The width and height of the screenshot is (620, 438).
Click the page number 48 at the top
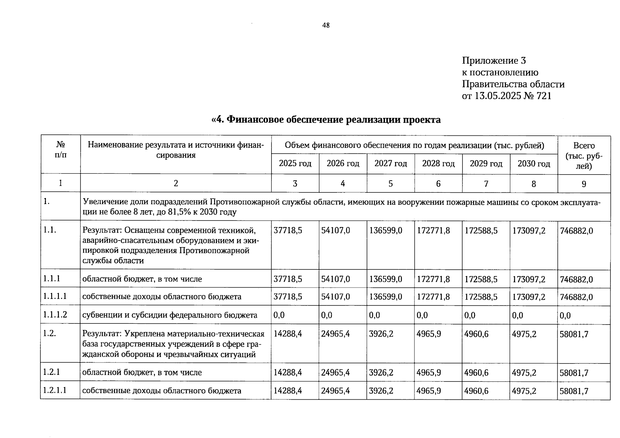pos(326,25)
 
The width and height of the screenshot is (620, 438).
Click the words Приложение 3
pos(494,61)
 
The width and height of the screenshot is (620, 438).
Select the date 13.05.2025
pos(498,96)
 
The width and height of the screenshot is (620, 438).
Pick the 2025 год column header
pos(295,164)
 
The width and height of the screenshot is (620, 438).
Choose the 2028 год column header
pos(438,164)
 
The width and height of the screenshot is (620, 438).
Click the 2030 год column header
pos(534,164)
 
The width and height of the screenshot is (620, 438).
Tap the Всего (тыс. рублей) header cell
pos(584,155)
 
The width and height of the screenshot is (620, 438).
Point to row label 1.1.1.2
pos(55,315)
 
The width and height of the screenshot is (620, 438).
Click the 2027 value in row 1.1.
pos(386,231)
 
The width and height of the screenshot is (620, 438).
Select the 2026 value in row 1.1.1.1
pos(335,297)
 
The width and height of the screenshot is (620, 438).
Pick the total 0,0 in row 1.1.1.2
pos(565,315)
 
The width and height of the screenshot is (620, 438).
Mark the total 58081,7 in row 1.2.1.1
pos(574,391)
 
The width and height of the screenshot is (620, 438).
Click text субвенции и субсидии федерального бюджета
pos(170,315)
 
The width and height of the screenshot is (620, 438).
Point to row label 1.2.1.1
pos(55,390)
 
